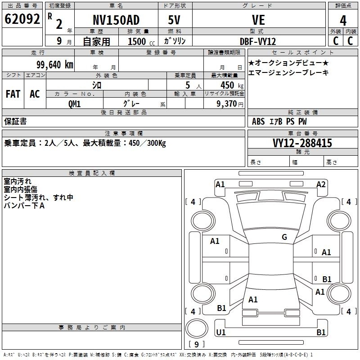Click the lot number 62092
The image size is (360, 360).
[22, 19]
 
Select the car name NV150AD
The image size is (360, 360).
[116, 20]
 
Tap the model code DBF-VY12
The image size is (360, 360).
[258, 41]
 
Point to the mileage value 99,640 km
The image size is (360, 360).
[55, 65]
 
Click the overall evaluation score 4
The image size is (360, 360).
[343, 21]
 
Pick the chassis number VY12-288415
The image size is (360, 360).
[302, 143]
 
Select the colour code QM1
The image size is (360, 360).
[74, 104]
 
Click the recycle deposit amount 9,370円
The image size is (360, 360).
[230, 104]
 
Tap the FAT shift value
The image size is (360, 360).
[13, 94]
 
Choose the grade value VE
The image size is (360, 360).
[258, 20]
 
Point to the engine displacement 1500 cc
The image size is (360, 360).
[141, 41]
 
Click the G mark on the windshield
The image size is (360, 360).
[284, 237]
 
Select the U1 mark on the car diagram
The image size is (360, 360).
[221, 332]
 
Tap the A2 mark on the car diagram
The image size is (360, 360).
[321, 184]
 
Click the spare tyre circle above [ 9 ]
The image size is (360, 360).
[197, 328]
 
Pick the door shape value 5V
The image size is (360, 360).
[174, 20]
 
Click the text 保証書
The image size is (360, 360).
[15, 121]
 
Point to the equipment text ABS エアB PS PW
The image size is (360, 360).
[279, 121]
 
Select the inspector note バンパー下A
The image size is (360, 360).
[24, 206]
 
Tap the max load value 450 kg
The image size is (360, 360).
[232, 85]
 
